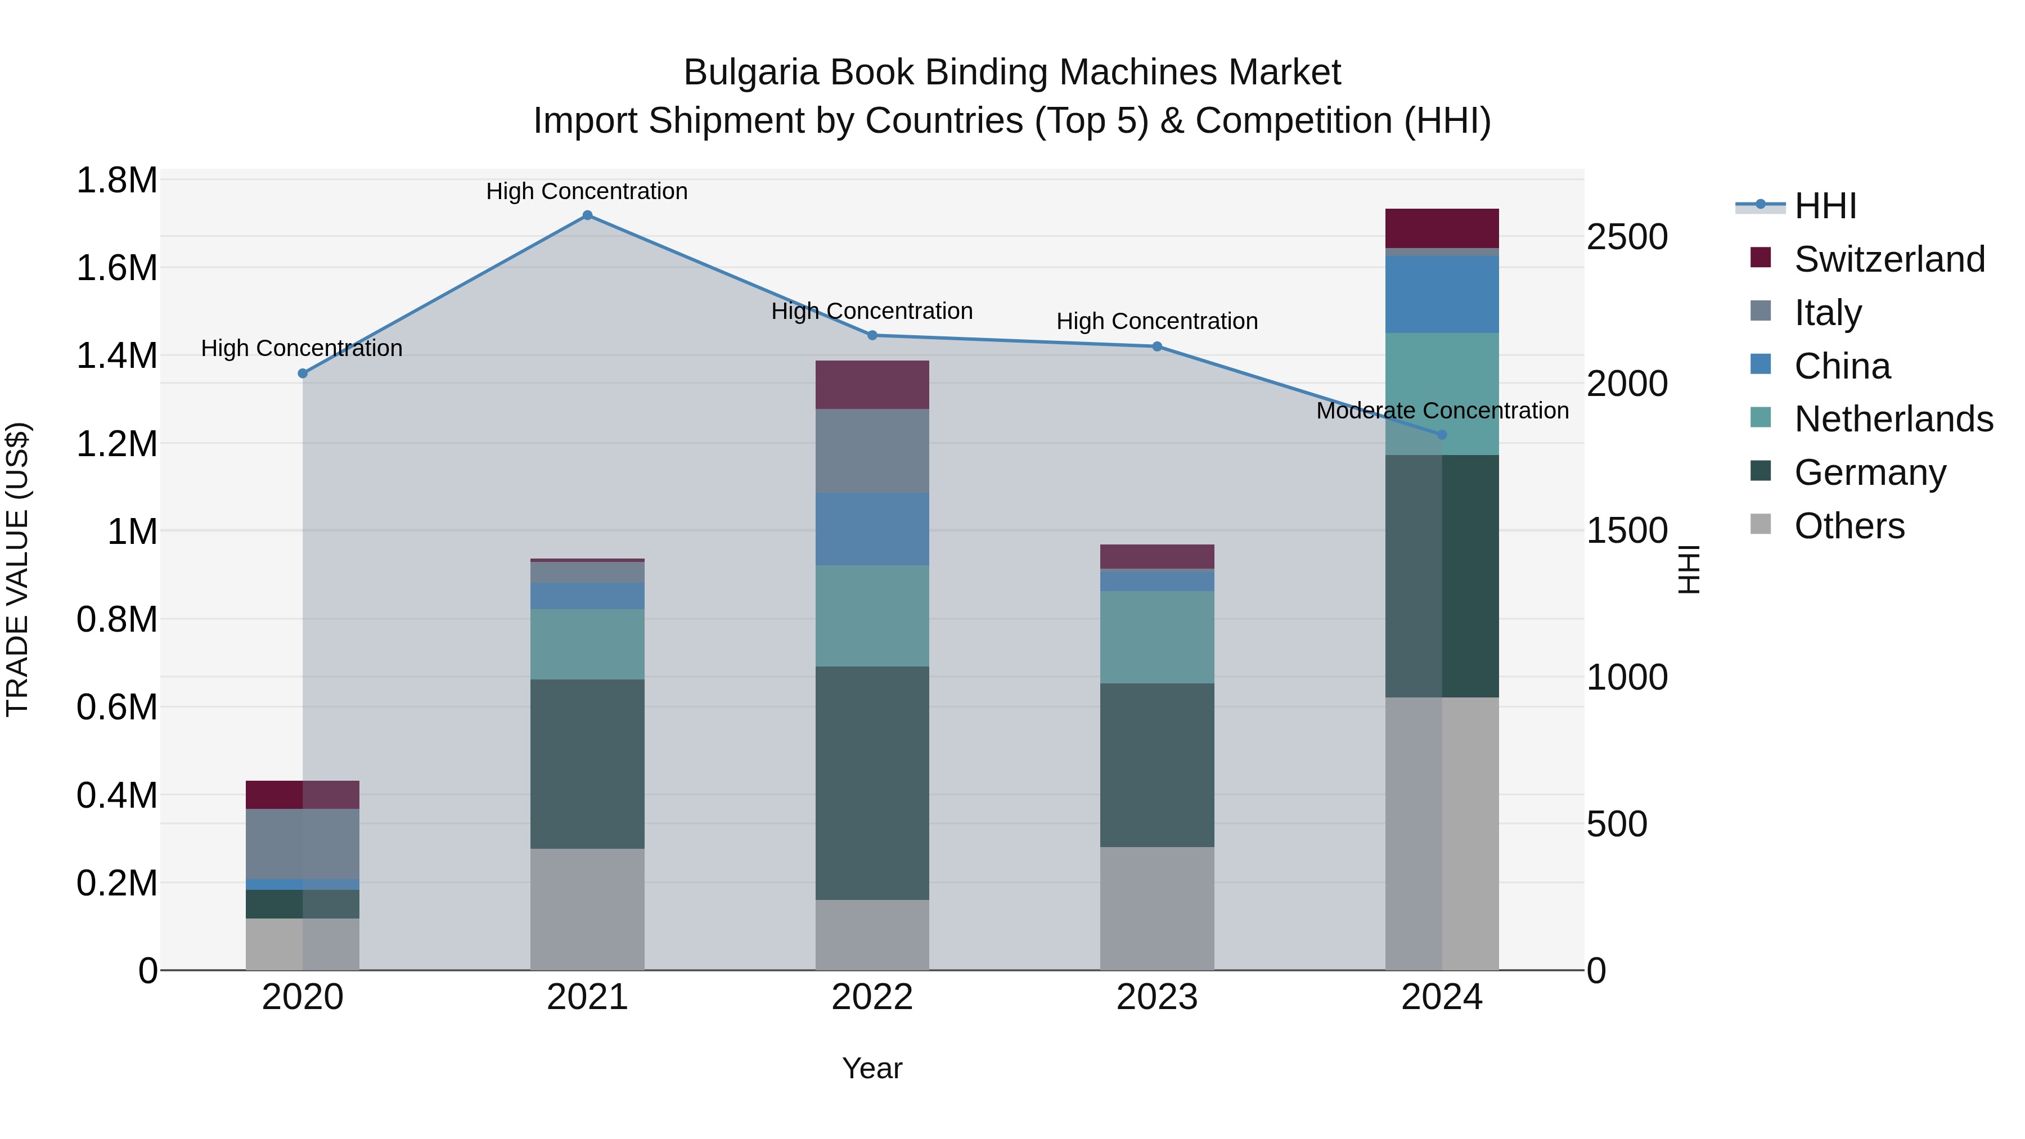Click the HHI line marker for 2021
pyautogui.click(x=587, y=215)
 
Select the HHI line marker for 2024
pyautogui.click(x=1442, y=435)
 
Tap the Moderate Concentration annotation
pyautogui.click(x=1442, y=411)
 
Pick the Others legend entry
pyautogui.click(x=1849, y=526)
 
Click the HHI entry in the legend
pyautogui.click(x=1825, y=206)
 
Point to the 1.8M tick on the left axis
pyautogui.click(x=116, y=181)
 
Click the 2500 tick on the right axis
pyautogui.click(x=1626, y=237)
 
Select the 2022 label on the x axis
pyautogui.click(x=872, y=997)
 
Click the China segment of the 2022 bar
pyautogui.click(x=872, y=529)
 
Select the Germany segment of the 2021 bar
pyautogui.click(x=587, y=763)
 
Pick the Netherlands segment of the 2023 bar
pyautogui.click(x=1156, y=637)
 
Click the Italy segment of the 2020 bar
pyautogui.click(x=303, y=844)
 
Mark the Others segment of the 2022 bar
pyautogui.click(x=872, y=935)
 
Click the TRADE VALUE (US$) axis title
pyautogui.click(x=18, y=569)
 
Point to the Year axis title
pyautogui.click(x=872, y=1068)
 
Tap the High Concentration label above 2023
pyautogui.click(x=1156, y=322)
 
